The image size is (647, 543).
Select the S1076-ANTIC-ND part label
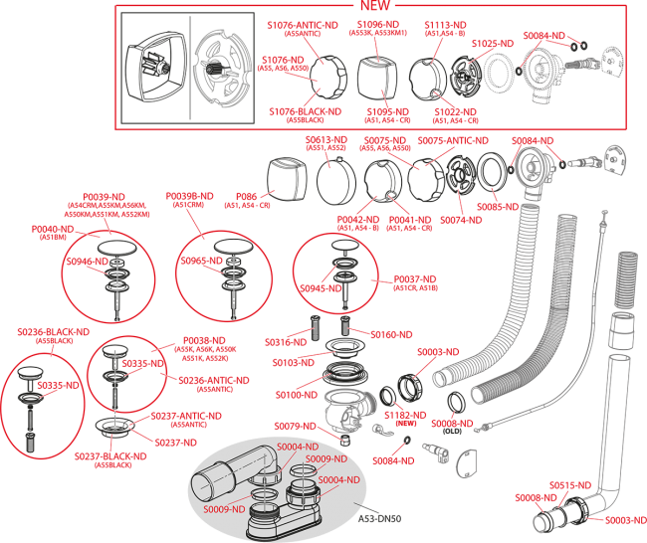coord(303,24)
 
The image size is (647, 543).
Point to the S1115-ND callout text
coord(445,24)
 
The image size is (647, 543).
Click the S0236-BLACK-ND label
coord(53,331)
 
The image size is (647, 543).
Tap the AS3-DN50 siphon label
coord(381,518)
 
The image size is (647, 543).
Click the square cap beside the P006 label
coord(287,175)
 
